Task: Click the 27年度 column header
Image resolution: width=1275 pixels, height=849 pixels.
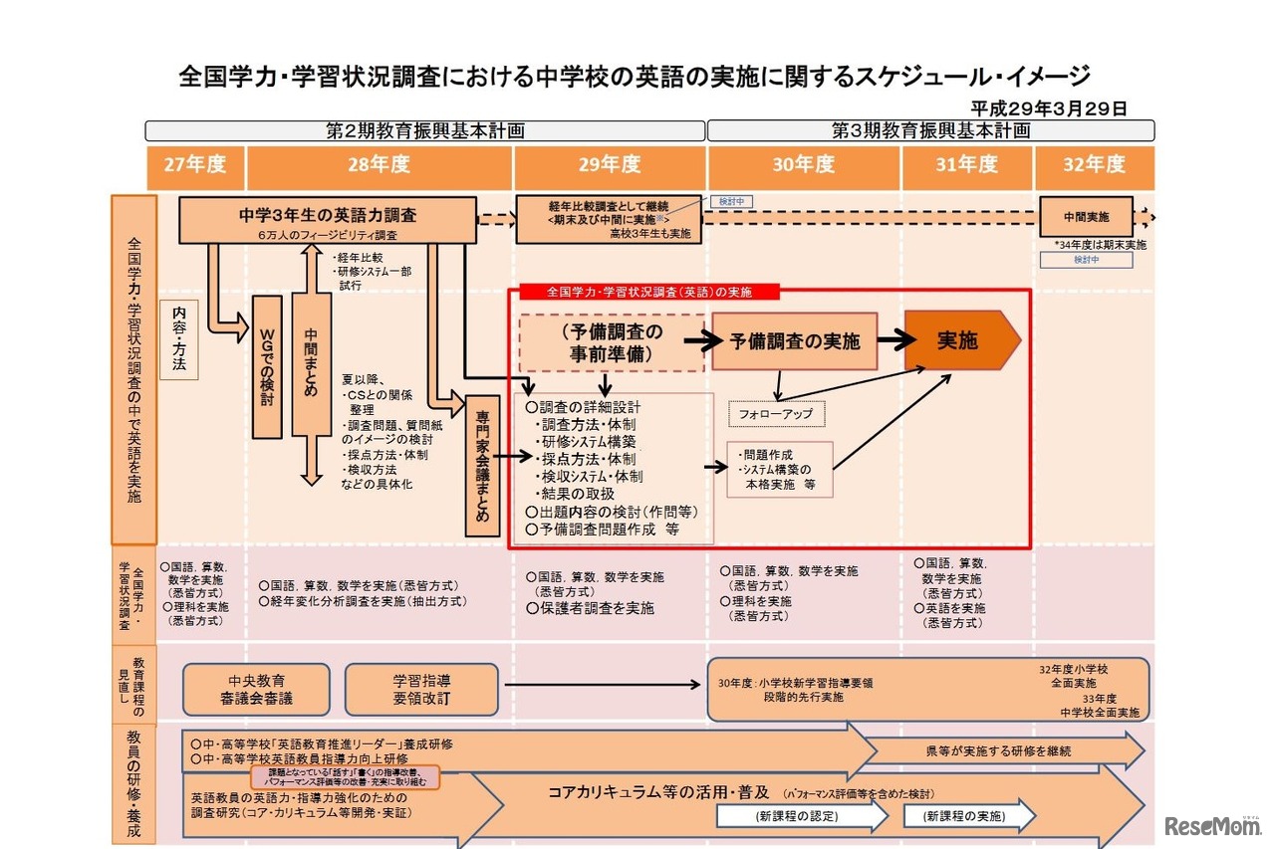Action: pos(195,166)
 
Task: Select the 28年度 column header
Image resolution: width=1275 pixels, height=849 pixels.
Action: pos(379,166)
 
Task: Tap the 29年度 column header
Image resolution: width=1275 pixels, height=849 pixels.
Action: pos(610,166)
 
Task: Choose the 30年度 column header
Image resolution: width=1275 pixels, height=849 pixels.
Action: pos(803,166)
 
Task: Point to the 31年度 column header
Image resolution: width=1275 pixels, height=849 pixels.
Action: pos(966,166)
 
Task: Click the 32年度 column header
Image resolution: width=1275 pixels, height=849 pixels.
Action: pos(1094,166)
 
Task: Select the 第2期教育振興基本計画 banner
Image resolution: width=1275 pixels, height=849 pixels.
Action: pos(425,130)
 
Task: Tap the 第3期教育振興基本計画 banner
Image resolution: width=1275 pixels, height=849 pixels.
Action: pos(930,130)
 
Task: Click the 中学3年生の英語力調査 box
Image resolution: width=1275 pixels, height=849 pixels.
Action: pos(328,220)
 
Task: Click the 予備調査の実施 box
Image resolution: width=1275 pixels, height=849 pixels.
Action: pos(794,341)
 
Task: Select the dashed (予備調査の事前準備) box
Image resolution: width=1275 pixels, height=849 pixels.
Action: pos(612,342)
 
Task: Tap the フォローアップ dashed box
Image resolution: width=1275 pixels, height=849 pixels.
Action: pos(776,413)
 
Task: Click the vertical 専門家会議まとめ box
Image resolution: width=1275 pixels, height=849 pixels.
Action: pos(482,466)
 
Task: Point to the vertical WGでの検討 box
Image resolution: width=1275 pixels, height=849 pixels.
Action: pos(267,366)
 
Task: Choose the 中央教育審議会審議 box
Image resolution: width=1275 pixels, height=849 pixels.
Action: pos(256,690)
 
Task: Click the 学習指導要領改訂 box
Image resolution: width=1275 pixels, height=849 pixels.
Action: pos(420,690)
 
